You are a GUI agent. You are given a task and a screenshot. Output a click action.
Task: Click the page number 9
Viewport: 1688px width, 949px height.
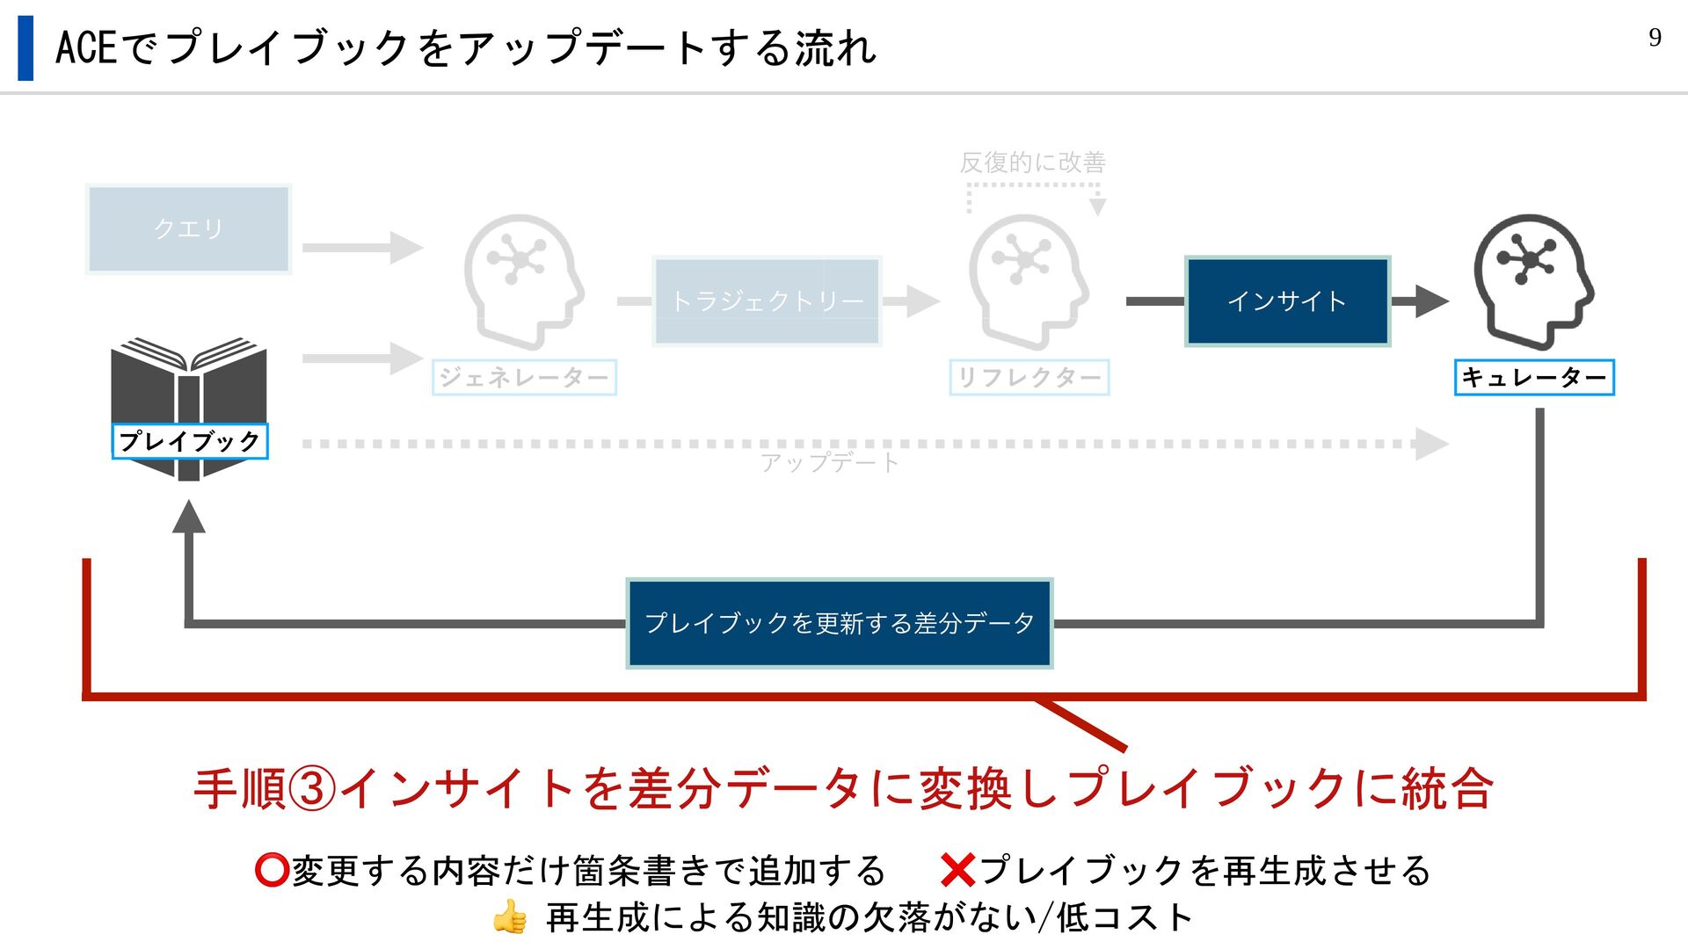point(1655,38)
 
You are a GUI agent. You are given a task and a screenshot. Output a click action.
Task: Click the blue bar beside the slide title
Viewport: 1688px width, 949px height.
point(25,48)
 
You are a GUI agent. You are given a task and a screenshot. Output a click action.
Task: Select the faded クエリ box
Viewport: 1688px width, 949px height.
point(189,229)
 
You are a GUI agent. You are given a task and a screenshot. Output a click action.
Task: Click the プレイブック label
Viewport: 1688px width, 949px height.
point(190,441)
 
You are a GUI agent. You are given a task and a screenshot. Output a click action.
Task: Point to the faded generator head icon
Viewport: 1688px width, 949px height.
point(523,279)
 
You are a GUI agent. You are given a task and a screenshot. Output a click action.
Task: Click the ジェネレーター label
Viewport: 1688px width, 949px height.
point(524,378)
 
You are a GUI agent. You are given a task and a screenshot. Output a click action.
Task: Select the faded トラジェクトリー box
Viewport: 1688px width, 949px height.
point(767,301)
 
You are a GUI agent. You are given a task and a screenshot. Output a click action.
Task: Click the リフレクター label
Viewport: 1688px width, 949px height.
point(1029,378)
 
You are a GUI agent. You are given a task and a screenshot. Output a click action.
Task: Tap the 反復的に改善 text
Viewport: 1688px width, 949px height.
point(1032,163)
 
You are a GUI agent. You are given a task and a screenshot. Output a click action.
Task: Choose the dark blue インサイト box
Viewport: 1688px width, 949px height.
point(1287,301)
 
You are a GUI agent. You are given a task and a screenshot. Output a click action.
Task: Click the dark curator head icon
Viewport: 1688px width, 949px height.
point(1533,279)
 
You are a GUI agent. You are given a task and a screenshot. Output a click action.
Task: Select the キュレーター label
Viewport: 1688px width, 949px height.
point(1534,378)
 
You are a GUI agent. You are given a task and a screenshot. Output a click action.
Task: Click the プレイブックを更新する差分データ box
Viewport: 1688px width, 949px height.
point(840,623)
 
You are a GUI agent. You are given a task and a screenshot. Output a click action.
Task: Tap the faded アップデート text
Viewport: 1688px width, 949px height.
point(830,462)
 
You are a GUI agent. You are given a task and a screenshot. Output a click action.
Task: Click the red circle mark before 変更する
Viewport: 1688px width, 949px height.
point(272,871)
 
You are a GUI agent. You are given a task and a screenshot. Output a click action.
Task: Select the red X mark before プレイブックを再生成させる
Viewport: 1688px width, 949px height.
point(957,871)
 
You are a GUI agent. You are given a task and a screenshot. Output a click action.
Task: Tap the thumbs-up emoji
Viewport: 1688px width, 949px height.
point(510,918)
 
